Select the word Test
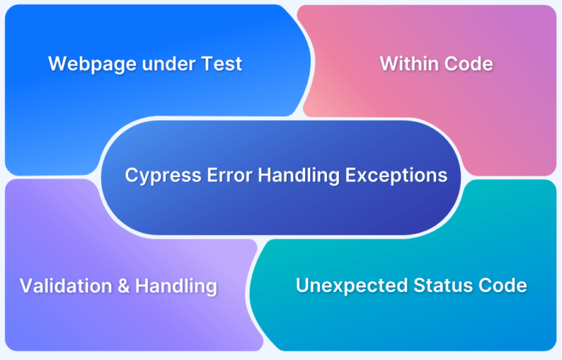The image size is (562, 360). pyautogui.click(x=222, y=64)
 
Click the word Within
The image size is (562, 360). pyautogui.click(x=409, y=64)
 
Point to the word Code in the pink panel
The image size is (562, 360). pyautogui.click(x=468, y=64)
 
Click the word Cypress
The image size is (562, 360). pyautogui.click(x=163, y=176)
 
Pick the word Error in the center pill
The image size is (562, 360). pyautogui.click(x=230, y=176)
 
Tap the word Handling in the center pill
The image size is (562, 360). pyautogui.click(x=299, y=176)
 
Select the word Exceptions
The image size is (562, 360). pyautogui.click(x=396, y=176)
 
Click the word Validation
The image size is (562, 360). pyautogui.click(x=66, y=286)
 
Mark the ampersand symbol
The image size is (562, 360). pyautogui.click(x=123, y=286)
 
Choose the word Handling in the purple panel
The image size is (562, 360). pyautogui.click(x=176, y=287)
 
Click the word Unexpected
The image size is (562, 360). pyautogui.click(x=352, y=286)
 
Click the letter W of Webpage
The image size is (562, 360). pyautogui.click(x=57, y=64)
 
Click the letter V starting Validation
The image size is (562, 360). pyautogui.click(x=26, y=286)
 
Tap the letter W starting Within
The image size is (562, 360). pyautogui.click(x=389, y=64)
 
